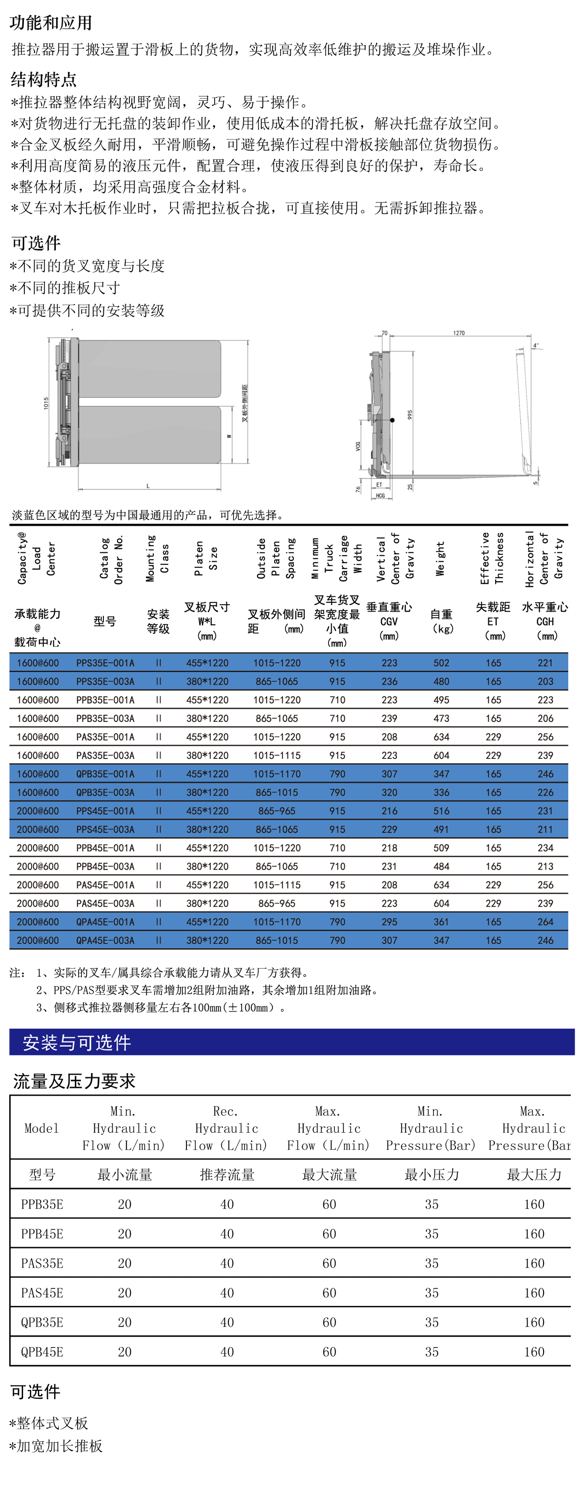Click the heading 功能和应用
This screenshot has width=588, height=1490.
51,23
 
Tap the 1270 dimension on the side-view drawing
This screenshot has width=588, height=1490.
459,333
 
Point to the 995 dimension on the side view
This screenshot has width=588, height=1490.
410,415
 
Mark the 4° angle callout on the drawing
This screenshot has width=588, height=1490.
536,345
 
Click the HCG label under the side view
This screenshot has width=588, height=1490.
380,496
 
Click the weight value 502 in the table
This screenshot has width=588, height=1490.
441,663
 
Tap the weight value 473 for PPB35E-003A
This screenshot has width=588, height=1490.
441,719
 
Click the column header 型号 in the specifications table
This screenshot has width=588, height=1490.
105,621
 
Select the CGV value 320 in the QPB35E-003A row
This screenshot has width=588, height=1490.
389,792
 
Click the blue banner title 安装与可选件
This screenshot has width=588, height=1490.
77,1042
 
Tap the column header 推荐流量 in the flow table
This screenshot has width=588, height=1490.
227,1174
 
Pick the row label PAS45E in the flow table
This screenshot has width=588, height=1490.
42,1293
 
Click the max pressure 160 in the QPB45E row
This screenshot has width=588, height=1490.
534,1352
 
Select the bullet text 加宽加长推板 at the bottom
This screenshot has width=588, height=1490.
60,1446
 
